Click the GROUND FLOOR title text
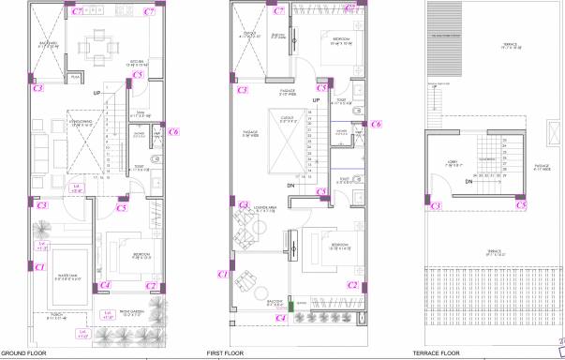pyautogui.click(x=19, y=353)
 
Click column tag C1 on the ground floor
pyautogui.click(x=39, y=266)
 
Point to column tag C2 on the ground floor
pyautogui.click(x=150, y=285)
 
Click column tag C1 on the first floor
pyautogui.click(x=222, y=274)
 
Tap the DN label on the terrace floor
pyautogui.click(x=468, y=184)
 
